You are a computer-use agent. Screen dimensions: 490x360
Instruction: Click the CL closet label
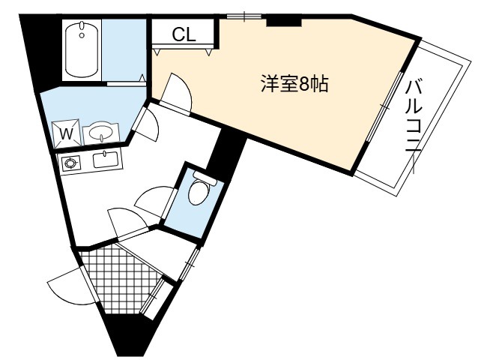[x=184, y=34]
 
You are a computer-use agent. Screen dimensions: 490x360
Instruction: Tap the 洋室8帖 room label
[x=294, y=84]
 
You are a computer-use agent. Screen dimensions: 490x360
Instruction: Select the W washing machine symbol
[x=67, y=133]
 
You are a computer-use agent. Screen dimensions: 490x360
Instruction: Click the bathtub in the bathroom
[x=82, y=49]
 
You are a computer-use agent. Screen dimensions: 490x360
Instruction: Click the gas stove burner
[x=69, y=163]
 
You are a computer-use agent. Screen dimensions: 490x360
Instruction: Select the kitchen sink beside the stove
[x=106, y=159]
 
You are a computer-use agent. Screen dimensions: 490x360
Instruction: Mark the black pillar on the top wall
[x=284, y=22]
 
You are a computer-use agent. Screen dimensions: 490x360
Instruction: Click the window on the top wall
[x=244, y=16]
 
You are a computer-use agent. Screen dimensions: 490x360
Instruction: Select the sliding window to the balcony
[x=384, y=107]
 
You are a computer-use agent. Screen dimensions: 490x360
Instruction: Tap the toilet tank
[x=205, y=178]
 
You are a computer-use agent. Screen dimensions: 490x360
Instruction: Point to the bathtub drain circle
[x=82, y=35]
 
